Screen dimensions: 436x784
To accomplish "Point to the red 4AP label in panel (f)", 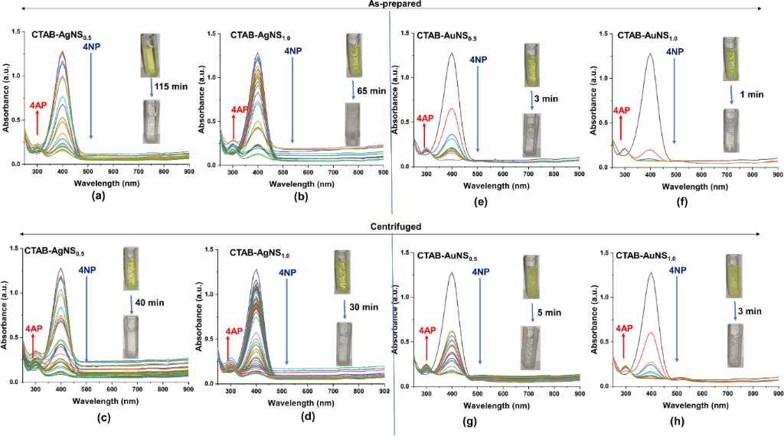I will pyautogui.click(x=621, y=110).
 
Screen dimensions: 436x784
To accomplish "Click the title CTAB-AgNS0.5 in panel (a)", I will pyautogui.click(x=61, y=34).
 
